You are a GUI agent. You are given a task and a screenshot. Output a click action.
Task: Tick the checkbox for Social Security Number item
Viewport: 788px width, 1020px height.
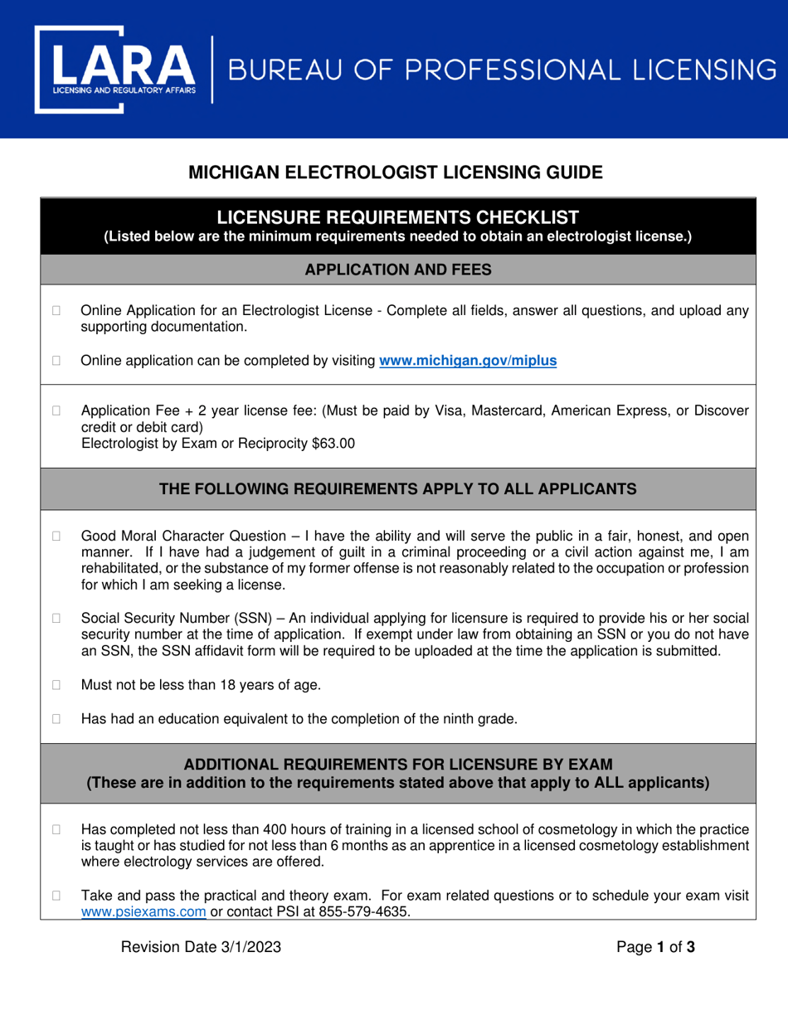pos(57,618)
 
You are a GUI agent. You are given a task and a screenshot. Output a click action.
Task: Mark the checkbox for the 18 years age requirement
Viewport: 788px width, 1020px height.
pos(57,685)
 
